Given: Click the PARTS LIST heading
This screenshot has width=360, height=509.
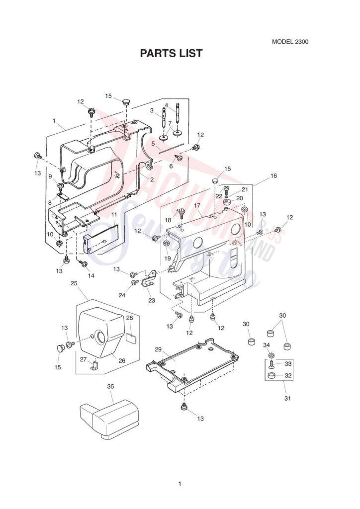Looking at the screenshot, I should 171,53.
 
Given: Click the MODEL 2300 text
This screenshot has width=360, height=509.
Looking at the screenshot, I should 290,42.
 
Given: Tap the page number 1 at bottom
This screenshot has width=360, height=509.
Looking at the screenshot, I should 180,483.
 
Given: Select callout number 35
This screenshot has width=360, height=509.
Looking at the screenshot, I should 110,386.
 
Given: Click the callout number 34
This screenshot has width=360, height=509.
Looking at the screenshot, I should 267,345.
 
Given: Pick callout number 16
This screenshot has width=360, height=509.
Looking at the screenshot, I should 273,176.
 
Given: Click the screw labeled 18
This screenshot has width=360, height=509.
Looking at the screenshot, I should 181,214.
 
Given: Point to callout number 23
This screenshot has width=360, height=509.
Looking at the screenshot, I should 151,300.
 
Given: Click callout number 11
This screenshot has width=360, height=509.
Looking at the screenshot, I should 114,215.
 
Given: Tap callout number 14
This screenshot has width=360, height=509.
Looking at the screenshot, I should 90,275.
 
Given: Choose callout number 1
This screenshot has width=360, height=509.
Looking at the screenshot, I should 54,121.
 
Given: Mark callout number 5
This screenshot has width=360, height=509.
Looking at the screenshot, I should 153,143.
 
